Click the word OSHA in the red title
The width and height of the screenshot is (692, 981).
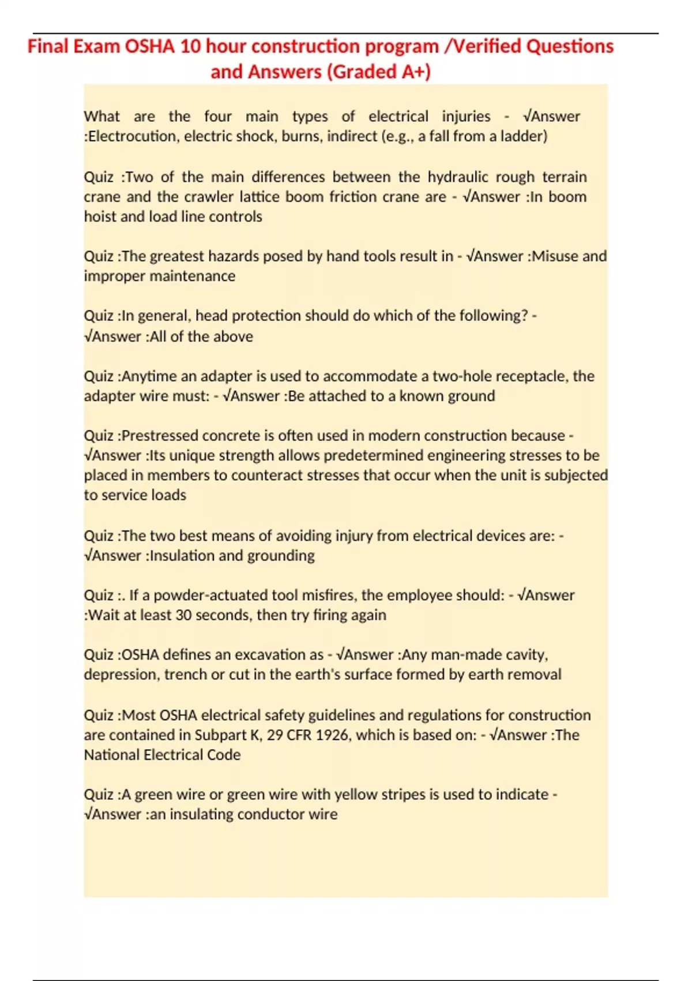click(149, 46)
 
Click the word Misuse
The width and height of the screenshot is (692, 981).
click(555, 256)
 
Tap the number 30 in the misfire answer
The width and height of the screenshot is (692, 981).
click(183, 615)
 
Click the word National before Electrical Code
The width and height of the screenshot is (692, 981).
click(111, 755)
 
